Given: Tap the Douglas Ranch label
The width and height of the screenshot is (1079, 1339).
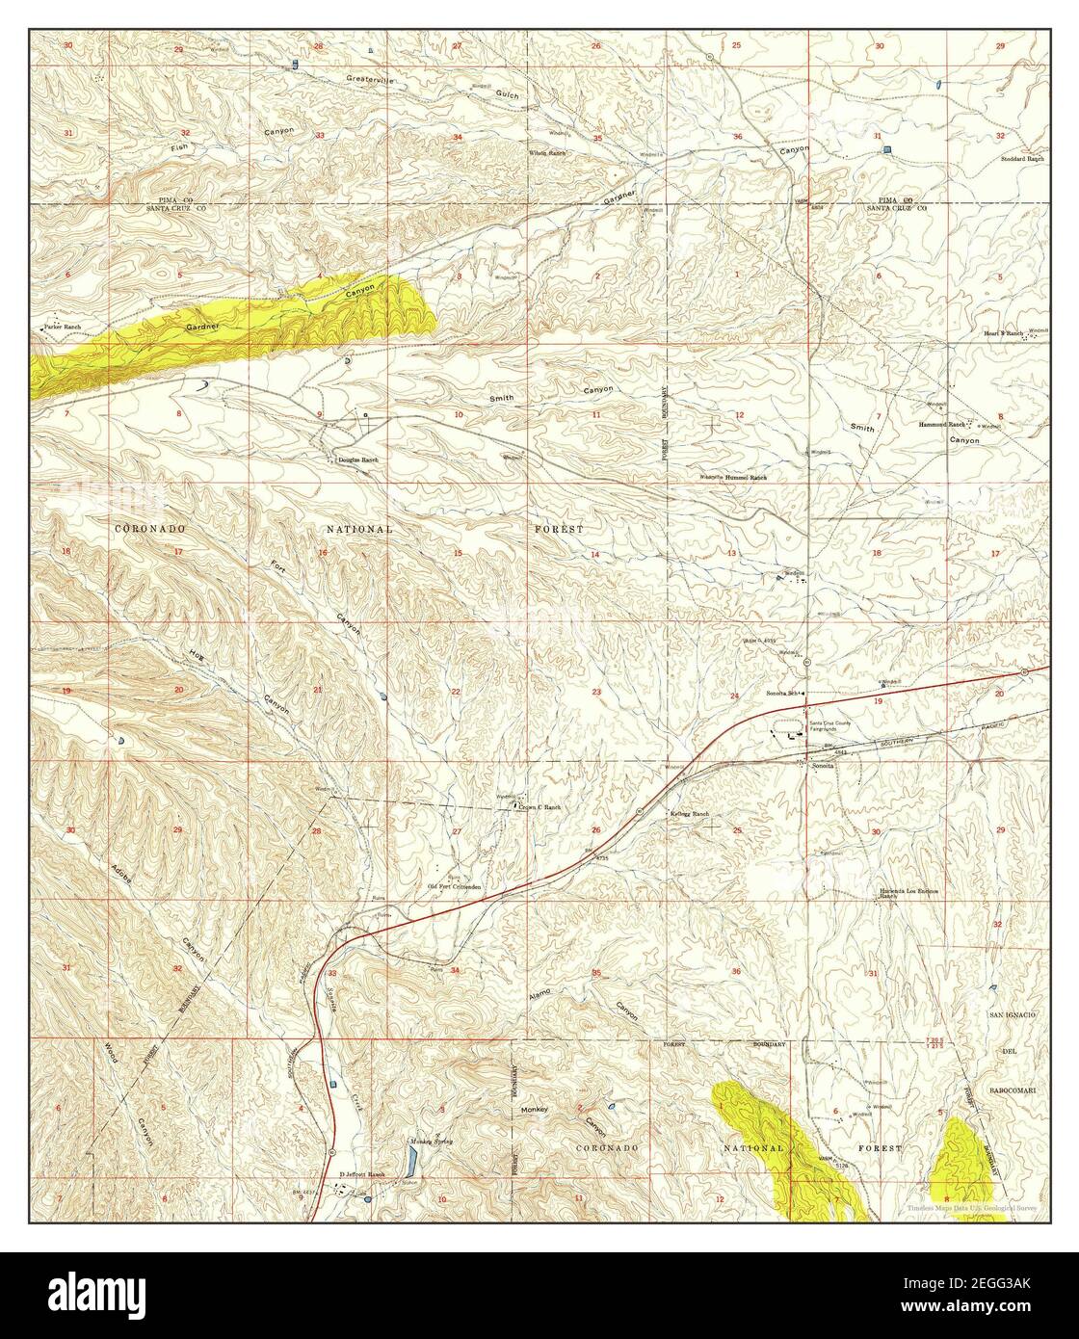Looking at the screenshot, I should point(358,459).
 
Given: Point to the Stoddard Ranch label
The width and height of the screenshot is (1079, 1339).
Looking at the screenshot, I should point(1022,159).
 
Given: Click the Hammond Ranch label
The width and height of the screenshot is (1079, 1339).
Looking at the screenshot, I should point(941,424).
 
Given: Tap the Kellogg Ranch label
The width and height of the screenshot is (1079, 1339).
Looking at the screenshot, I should point(690,815).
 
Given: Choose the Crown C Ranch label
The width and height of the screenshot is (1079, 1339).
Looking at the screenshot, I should point(540,807).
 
